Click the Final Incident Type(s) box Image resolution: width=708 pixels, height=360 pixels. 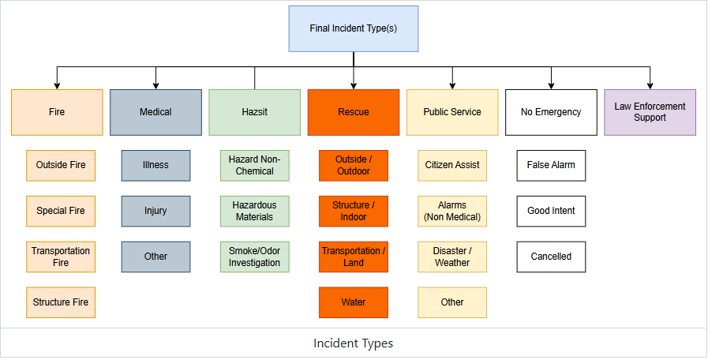354,28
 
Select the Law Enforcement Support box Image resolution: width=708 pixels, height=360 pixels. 650,112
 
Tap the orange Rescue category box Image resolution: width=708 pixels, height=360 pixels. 354,112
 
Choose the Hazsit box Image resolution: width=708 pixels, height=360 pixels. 255,112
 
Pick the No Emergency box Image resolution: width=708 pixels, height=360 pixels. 551,112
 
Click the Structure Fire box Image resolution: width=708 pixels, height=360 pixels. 61,302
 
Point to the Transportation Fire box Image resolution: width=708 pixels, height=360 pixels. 61,257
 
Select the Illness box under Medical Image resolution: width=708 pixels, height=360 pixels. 155,165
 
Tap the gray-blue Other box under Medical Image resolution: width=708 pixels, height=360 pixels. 155,257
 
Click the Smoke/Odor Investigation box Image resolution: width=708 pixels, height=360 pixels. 255,257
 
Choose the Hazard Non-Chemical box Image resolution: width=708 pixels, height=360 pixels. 255,165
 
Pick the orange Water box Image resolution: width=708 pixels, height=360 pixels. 354,302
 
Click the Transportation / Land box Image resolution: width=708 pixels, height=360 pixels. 354,257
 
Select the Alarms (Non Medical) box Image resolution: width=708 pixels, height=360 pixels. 452,211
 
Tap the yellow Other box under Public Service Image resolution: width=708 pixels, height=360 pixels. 452,302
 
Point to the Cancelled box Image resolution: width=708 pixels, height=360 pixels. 551,257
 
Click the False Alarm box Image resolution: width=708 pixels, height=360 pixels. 551,165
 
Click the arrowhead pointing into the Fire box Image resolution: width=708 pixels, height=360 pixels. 57,86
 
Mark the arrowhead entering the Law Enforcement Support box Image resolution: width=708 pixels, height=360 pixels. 650,86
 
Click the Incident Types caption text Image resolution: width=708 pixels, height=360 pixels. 354,343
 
